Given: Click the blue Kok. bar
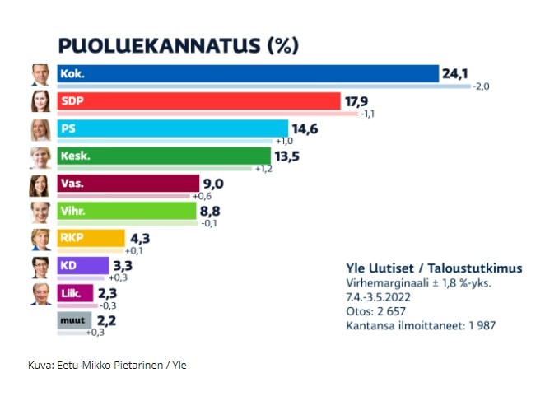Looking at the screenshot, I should pos(247,74).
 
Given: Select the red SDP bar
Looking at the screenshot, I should pos(198,101).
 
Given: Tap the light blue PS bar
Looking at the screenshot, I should pos(172,128).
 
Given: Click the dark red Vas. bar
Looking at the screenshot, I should pos(128,183).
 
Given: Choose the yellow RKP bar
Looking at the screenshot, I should pos(91,239).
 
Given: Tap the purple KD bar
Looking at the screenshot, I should pos(82,265).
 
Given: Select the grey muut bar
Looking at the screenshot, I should pos(73,320).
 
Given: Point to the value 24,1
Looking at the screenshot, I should pos(455,74).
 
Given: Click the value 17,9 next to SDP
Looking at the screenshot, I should pos(356,101).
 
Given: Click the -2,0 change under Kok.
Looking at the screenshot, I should pos(482,86).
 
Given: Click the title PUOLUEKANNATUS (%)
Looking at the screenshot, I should pos(177,44).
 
